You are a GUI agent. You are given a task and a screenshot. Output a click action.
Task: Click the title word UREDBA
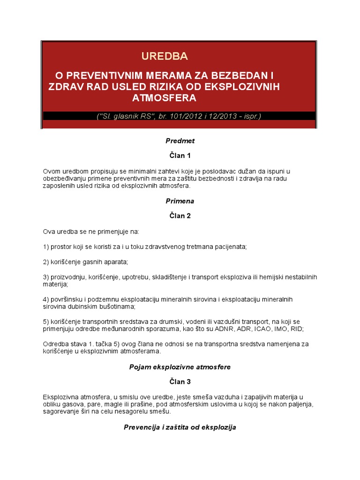point(165,56)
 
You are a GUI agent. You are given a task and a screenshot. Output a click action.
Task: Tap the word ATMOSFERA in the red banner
point(164,98)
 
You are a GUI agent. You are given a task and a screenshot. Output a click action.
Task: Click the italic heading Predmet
point(180,141)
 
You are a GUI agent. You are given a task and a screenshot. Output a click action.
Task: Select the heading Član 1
point(180,156)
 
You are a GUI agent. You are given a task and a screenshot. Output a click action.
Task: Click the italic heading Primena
point(180,201)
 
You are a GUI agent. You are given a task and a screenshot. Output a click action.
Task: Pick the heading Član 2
point(180,216)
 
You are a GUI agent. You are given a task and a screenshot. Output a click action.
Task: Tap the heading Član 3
point(180,382)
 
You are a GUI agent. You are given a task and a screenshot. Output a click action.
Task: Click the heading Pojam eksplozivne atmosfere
point(180,367)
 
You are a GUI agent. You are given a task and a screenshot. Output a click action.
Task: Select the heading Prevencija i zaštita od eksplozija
point(180,427)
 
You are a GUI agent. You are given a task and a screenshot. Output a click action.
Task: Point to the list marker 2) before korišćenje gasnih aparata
point(46,262)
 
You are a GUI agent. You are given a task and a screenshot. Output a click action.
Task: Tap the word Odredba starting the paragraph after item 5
point(56,344)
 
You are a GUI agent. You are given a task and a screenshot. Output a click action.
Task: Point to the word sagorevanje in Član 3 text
point(61,412)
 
